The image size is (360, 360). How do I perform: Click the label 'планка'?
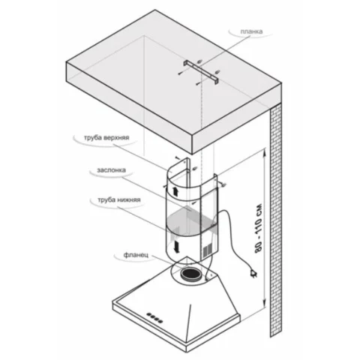pyautogui.click(x=251, y=31)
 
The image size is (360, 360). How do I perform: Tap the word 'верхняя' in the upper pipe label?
pyautogui.click(x=116, y=138)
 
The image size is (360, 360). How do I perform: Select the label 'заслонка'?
pyautogui.click(x=111, y=170)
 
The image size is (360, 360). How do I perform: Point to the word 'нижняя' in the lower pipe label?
pyautogui.click(x=128, y=200)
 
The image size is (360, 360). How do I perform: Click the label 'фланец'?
pyautogui.click(x=136, y=255)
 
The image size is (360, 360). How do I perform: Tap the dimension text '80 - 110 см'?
pyautogui.click(x=259, y=229)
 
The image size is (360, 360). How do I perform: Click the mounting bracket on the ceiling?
pyautogui.click(x=201, y=71)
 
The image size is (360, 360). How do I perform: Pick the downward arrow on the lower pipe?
pyautogui.click(x=177, y=247)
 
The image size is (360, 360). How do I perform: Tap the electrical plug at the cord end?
pyautogui.click(x=253, y=273)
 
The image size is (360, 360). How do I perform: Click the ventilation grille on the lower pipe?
pyautogui.click(x=207, y=250)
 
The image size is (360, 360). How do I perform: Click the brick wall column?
pyautogui.click(x=276, y=220)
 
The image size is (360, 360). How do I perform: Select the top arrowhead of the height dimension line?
pyautogui.click(x=263, y=152)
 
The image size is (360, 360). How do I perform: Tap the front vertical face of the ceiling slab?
pyautogui.click(x=129, y=107)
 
